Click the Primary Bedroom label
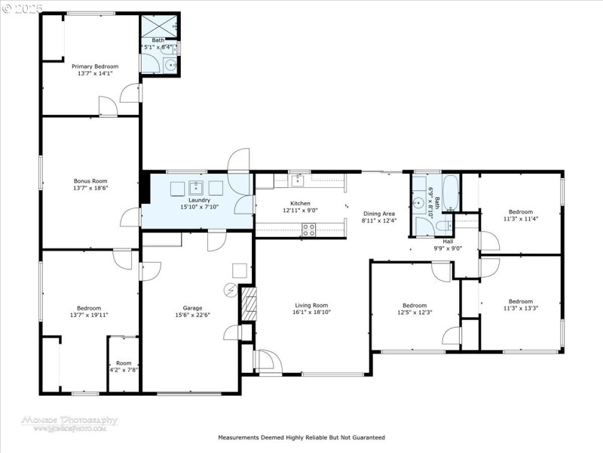point(95,66)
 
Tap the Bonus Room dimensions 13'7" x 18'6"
point(90,188)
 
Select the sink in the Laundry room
point(196,186)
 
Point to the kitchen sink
point(298,179)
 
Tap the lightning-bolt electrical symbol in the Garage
point(231,289)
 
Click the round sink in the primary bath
point(171,66)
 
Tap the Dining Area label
point(378,214)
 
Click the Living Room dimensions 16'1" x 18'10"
point(312,312)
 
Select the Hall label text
point(448,242)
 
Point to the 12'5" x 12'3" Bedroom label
point(414,308)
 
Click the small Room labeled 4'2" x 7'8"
point(123,366)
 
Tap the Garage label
point(192,307)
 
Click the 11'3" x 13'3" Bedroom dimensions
point(520,308)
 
